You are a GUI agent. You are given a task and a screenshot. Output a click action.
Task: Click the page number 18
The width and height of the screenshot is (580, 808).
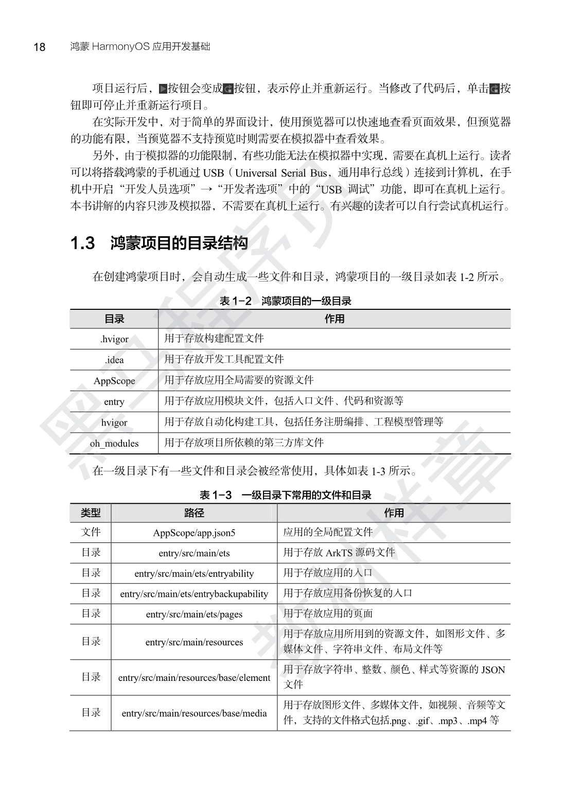[x=39, y=47]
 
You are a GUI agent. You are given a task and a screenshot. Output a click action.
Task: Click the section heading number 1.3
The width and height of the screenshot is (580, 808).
[x=83, y=243]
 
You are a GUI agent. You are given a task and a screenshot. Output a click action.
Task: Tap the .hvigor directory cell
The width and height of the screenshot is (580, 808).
[x=114, y=339]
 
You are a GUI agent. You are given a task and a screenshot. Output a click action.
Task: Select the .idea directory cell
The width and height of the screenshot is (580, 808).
[x=114, y=360]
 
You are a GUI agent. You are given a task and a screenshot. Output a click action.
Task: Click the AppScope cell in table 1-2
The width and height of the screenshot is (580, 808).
[x=114, y=381]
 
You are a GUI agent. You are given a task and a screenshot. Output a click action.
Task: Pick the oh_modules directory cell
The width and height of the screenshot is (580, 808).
[x=114, y=443]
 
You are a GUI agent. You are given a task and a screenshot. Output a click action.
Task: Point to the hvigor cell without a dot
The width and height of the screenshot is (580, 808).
[x=114, y=423]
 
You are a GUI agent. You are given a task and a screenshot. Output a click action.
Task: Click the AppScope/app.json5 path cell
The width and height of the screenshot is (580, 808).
[x=194, y=533]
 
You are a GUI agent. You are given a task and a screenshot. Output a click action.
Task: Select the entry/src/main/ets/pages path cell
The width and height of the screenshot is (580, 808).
[x=194, y=614]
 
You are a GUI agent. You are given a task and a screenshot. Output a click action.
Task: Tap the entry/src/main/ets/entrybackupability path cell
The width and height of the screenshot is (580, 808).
[x=194, y=594]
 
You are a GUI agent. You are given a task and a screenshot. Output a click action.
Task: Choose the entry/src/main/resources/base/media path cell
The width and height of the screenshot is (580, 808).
[x=194, y=713]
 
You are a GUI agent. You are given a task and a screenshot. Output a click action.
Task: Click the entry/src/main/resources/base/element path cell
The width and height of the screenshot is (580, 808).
[x=194, y=678]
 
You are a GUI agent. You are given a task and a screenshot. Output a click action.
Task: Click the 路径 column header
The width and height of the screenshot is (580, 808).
[x=194, y=513]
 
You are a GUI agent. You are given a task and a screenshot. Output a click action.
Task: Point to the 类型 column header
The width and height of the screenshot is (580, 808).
[x=91, y=513]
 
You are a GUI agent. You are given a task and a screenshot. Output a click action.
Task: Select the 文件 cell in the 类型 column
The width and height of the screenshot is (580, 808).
[x=91, y=532]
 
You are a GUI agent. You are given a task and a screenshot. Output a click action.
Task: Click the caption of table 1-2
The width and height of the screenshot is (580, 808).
[x=285, y=302]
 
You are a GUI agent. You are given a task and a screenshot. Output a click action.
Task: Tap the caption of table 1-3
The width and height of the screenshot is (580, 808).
[x=285, y=496]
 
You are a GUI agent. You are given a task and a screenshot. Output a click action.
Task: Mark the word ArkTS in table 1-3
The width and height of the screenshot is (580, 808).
[x=339, y=553]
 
